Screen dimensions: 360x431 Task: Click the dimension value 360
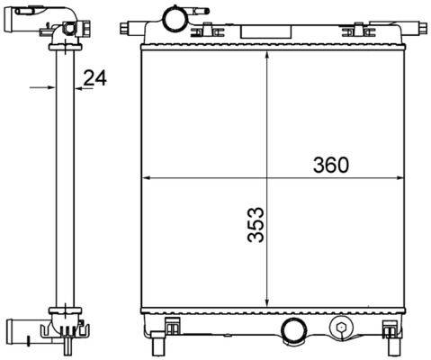pyautogui.click(x=330, y=165)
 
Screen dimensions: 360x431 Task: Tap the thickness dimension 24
pyautogui.click(x=95, y=78)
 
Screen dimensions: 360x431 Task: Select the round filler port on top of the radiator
pyautogui.click(x=171, y=18)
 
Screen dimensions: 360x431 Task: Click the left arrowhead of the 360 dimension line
pyautogui.click(x=149, y=177)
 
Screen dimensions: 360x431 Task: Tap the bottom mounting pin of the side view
pyautogui.click(x=69, y=346)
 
